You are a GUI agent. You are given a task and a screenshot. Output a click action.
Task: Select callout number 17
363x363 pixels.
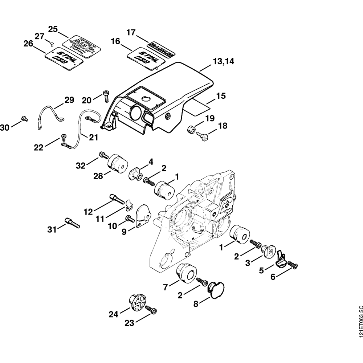click(131, 32)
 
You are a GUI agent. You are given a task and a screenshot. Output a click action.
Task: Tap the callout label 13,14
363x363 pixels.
click(223, 61)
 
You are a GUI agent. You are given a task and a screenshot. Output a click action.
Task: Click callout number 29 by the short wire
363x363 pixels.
click(69, 100)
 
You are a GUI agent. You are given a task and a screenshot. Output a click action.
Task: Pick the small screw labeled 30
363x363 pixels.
click(25, 118)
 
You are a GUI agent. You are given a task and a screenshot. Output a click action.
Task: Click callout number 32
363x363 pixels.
click(81, 166)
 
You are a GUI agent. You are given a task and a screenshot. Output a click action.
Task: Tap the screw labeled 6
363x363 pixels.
click(293, 267)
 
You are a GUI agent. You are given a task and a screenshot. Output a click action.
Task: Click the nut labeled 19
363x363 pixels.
click(190, 129)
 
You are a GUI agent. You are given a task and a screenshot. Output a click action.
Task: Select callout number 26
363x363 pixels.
click(28, 44)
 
